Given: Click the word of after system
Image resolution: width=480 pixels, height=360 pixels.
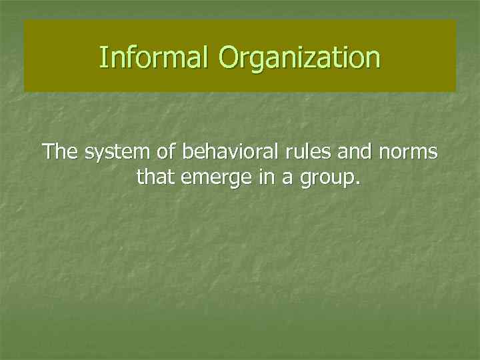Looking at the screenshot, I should [163, 152].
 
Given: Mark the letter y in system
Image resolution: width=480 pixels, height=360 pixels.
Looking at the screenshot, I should [97, 155].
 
